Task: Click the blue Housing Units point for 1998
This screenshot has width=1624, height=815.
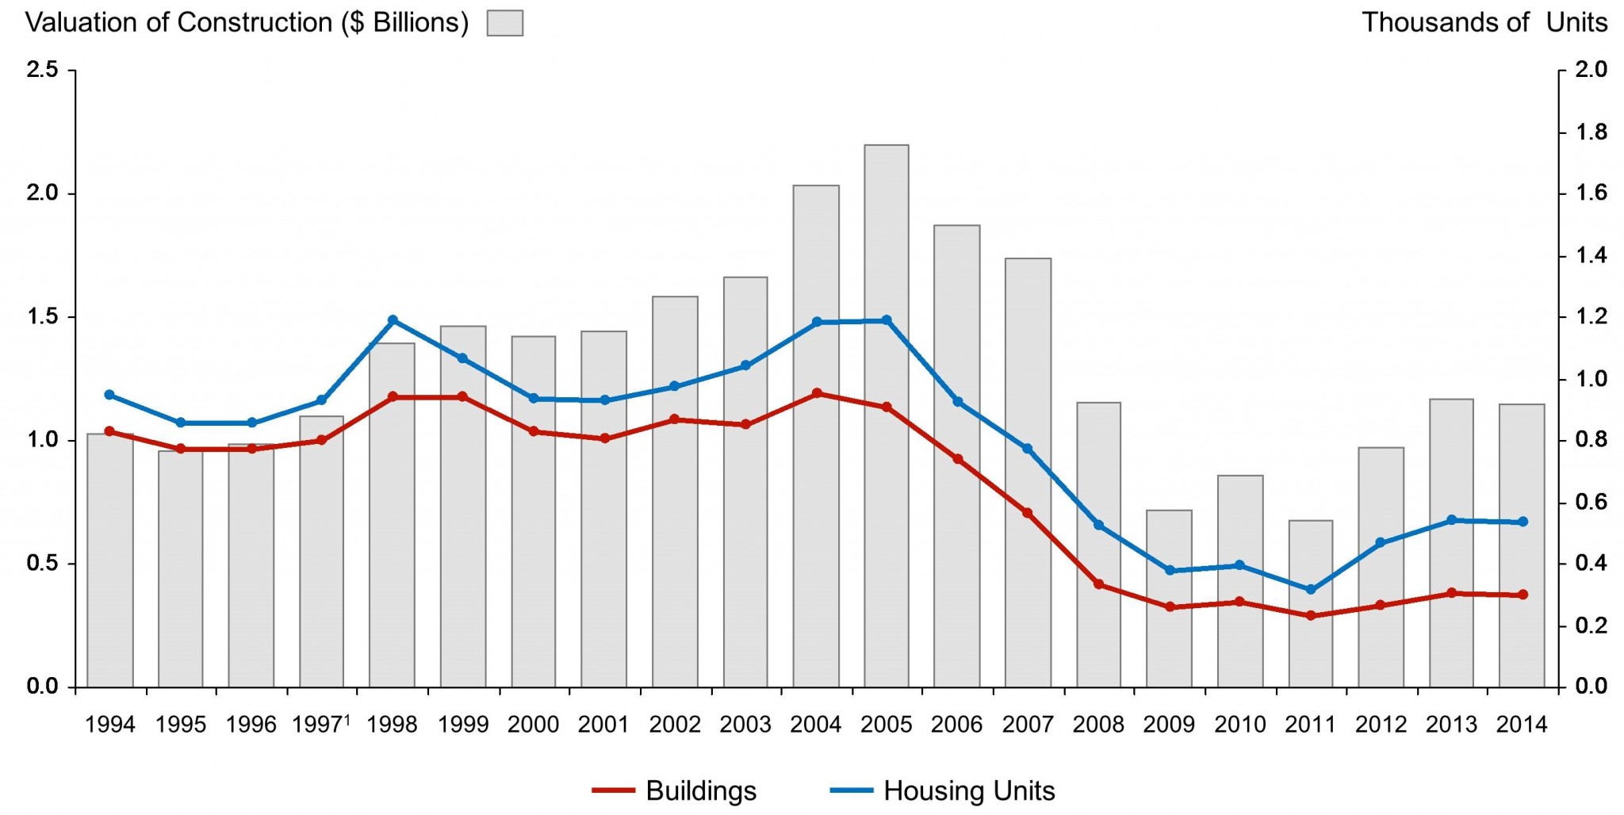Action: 393,320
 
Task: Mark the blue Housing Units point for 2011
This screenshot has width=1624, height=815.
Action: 1310,590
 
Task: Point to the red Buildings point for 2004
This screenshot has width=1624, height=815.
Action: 817,393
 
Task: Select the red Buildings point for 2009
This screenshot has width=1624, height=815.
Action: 1170,607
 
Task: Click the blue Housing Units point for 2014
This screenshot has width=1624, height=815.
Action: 1522,522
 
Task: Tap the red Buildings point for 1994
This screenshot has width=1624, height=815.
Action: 109,431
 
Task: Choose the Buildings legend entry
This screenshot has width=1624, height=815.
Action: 675,790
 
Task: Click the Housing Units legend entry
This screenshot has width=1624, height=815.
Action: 943,790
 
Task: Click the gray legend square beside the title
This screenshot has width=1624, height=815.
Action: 505,23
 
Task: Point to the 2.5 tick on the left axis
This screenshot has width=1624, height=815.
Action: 43,70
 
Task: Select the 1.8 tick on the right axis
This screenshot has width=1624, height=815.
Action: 1591,132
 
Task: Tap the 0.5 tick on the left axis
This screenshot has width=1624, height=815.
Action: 43,564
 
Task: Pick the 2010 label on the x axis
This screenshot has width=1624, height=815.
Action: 1240,725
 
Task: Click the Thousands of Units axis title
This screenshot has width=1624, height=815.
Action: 1484,22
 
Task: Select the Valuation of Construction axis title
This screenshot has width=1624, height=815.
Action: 247,22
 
